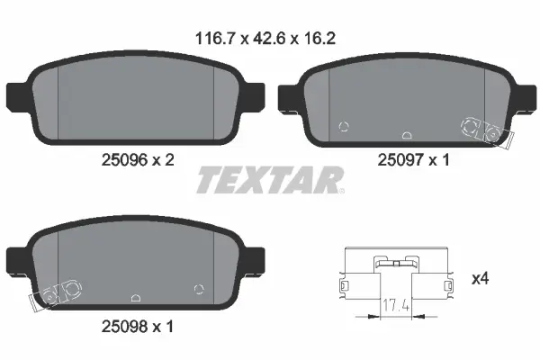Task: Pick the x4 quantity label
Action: pos(480,280)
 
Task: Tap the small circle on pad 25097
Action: pos(342,127)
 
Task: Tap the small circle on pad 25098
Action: pos(199,288)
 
